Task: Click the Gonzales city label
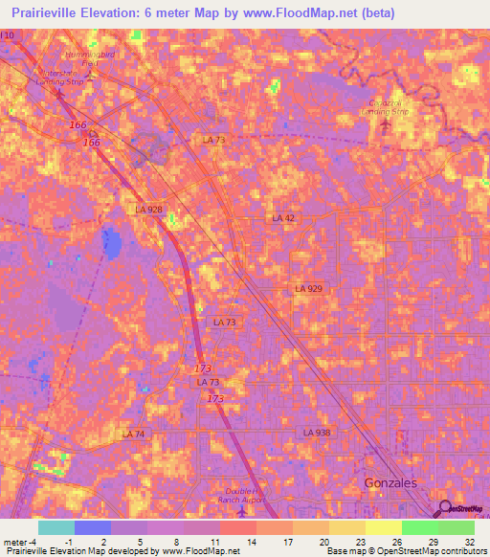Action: coord(390,483)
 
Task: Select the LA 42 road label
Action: coord(283,218)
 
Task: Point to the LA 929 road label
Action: coord(308,288)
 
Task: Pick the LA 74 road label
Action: coord(133,434)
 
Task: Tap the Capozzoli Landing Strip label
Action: coord(388,107)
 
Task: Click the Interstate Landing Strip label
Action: coord(60,78)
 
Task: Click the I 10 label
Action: coord(8,35)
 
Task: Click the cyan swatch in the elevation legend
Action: coord(56,527)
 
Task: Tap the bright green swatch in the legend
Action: coord(419,527)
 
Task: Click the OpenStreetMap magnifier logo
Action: coord(444,508)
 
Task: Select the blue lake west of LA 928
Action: coord(114,245)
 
